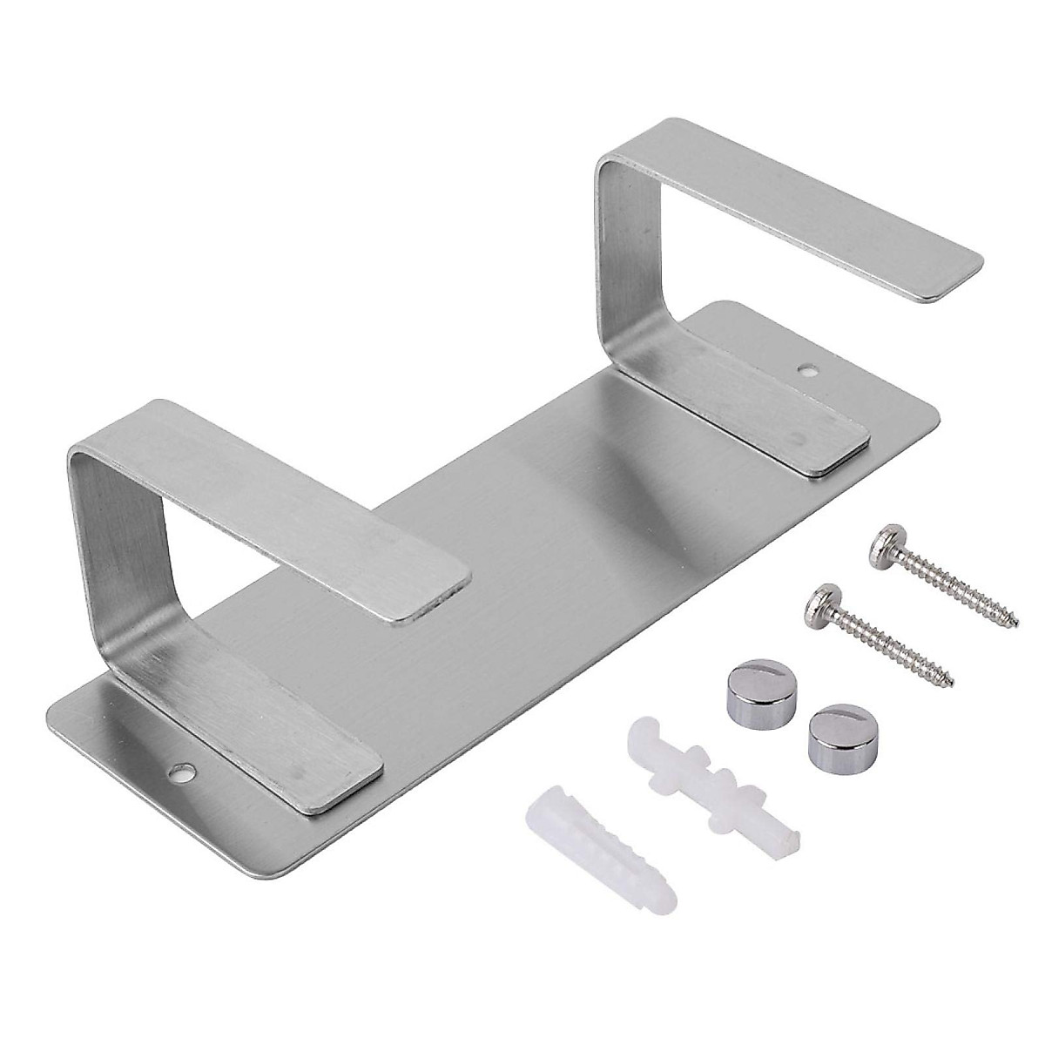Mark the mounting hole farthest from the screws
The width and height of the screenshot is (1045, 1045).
click(183, 771)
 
